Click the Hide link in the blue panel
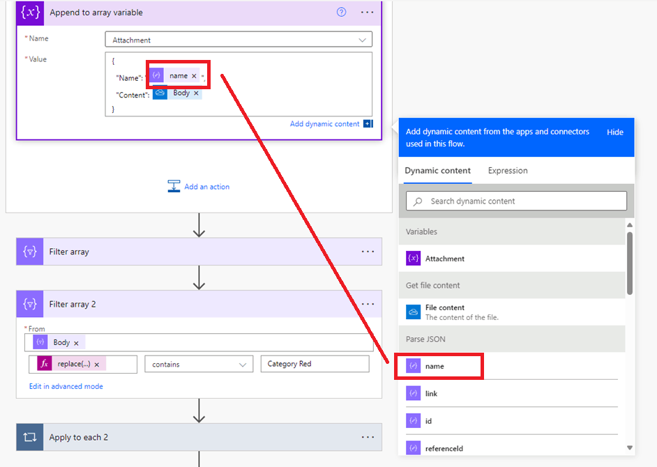click(614, 132)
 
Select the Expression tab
click(508, 171)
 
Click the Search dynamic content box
click(516, 201)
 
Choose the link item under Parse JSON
click(431, 394)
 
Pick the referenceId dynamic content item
click(444, 449)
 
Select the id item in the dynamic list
click(428, 421)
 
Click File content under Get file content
click(444, 308)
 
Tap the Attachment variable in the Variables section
click(444, 259)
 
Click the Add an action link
click(206, 187)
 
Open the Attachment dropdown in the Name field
click(238, 40)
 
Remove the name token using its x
click(194, 76)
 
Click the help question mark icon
click(342, 12)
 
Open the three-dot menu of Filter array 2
click(368, 304)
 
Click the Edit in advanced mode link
click(66, 386)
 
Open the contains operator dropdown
click(199, 364)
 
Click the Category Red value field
click(315, 364)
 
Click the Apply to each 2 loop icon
click(30, 437)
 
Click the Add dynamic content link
click(324, 124)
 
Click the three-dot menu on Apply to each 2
click(368, 437)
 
